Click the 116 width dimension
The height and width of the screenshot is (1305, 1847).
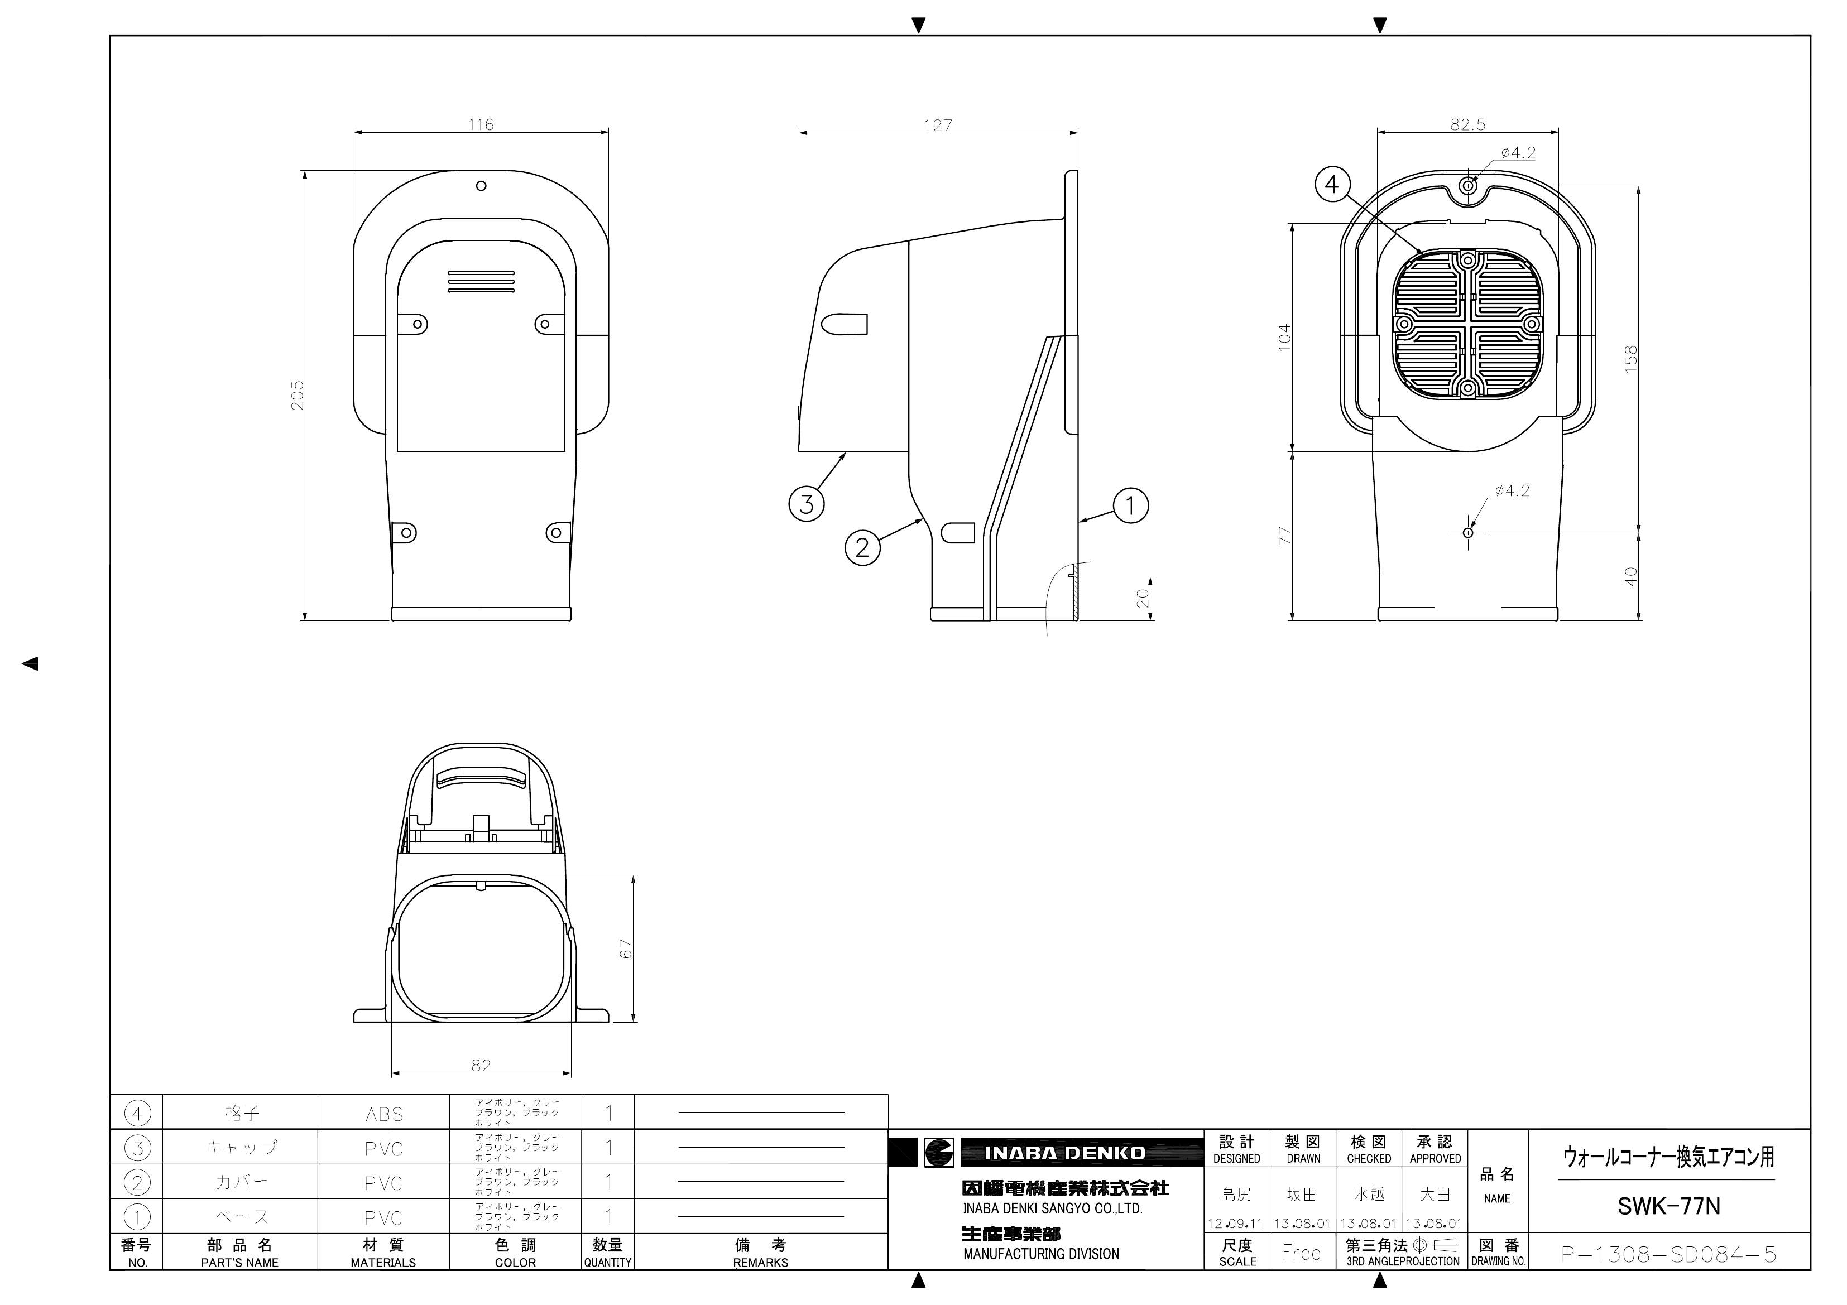(481, 124)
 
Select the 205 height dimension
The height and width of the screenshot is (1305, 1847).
(298, 395)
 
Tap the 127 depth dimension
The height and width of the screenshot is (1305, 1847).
(938, 126)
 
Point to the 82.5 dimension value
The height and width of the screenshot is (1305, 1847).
(1467, 124)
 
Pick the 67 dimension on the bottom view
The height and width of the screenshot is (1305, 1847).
(626, 949)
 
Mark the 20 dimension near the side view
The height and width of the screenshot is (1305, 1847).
(1143, 598)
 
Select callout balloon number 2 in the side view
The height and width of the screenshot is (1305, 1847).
(862, 548)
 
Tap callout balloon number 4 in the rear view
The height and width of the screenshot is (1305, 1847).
(1332, 184)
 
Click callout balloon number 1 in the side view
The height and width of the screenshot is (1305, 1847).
(1130, 505)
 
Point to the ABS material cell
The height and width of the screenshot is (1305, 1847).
(383, 1114)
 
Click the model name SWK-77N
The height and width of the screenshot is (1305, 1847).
(1668, 1206)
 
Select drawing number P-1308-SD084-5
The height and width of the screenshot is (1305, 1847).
(1668, 1254)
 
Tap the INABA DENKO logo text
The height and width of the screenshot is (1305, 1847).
(1064, 1153)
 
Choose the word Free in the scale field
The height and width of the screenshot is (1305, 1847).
(1301, 1253)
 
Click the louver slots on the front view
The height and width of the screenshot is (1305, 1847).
(481, 281)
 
